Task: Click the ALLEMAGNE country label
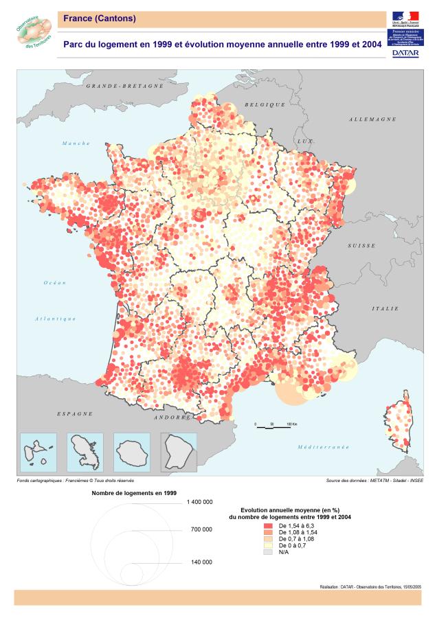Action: pyautogui.click(x=372, y=119)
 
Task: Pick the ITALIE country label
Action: pyautogui.click(x=385, y=308)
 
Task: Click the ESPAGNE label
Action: pyautogui.click(x=74, y=414)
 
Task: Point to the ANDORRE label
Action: pyautogui.click(x=171, y=417)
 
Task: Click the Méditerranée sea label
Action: pyautogui.click(x=323, y=446)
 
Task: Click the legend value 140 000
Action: pyautogui.click(x=201, y=562)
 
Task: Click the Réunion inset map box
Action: pyautogui.click(x=131, y=451)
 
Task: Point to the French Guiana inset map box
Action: pyautogui.click(x=178, y=451)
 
